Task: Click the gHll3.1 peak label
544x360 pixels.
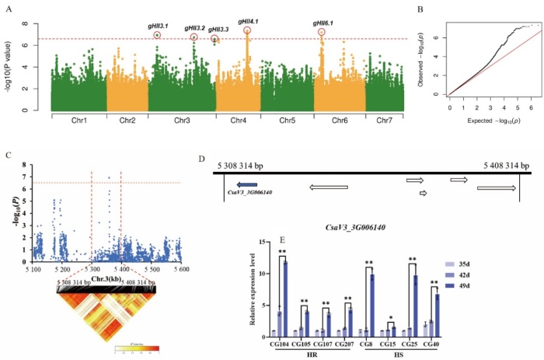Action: (x=157, y=25)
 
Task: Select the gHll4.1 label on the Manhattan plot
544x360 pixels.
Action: (x=249, y=21)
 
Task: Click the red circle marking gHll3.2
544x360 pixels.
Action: (x=194, y=37)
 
